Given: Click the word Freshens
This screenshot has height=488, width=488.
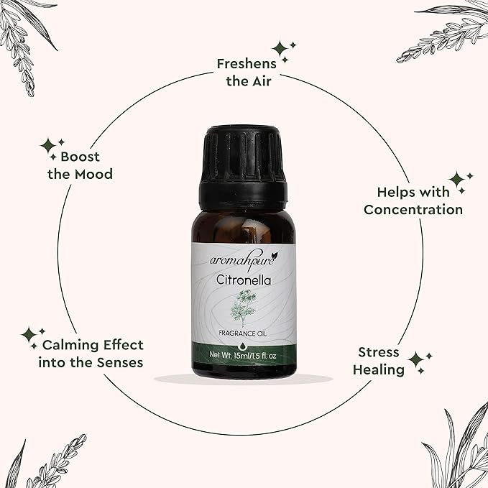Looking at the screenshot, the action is (247, 64).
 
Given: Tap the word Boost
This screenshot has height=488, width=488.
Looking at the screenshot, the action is (80, 157).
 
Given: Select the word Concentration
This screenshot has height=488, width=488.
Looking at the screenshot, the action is (413, 209).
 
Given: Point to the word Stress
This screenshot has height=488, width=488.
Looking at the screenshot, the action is (379, 352).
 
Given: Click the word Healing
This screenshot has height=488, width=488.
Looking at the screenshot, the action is (379, 370).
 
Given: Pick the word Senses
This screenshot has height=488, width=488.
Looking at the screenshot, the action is (120, 362).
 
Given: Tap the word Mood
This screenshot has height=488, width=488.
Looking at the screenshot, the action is (94, 174).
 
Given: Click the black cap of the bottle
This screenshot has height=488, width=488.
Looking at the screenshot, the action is (242, 168).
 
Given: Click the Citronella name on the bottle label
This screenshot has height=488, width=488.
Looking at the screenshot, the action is (244, 280).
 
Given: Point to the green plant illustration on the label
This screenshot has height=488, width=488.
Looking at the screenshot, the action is (243, 308).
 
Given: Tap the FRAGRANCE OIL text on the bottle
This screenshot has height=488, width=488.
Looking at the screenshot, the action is (243, 333).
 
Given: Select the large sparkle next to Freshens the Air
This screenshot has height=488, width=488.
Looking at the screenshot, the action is (280, 49).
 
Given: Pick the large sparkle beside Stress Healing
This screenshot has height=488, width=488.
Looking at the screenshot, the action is (416, 361).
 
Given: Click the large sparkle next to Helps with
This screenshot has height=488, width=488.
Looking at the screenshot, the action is (457, 180).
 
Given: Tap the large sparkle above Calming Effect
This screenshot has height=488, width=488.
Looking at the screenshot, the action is (29, 335).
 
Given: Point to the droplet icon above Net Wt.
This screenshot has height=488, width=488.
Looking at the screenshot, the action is (242, 346).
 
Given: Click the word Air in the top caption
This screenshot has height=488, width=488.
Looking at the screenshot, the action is (262, 81).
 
